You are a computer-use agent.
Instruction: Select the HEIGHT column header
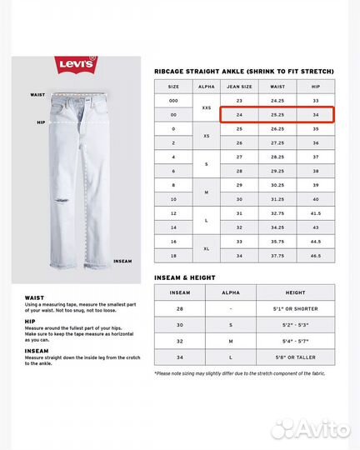click(296, 292)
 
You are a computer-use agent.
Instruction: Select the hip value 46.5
click(316, 256)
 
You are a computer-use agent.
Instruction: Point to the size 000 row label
click(173, 100)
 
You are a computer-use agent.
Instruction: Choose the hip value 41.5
click(316, 213)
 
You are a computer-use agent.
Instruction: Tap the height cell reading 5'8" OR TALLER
click(296, 357)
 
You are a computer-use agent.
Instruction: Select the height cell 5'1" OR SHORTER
click(296, 308)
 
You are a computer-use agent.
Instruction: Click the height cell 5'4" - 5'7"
click(296, 341)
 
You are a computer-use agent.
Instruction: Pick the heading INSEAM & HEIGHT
click(185, 276)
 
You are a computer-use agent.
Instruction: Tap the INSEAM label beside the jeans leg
click(122, 261)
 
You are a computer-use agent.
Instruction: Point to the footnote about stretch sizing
click(243, 373)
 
